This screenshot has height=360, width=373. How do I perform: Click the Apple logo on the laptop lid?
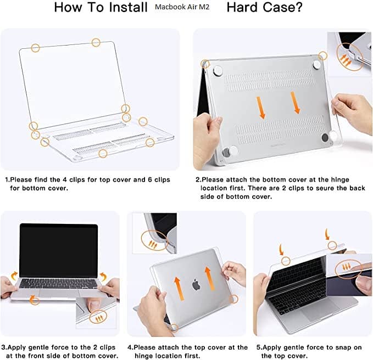coord(196,284)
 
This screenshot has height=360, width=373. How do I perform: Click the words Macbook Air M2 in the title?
coord(182,7)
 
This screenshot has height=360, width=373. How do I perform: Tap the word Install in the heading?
coord(128,7)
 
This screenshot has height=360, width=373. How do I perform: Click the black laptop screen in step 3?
coord(59,250)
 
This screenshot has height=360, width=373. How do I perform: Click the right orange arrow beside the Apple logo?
coord(209,278)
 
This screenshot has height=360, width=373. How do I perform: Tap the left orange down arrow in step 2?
coord(260,108)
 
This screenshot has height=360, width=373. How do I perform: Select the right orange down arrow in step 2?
coord(295,103)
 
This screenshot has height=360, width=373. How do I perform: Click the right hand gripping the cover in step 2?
coord(352,112)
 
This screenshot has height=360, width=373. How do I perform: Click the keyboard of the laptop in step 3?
coord(59,284)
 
